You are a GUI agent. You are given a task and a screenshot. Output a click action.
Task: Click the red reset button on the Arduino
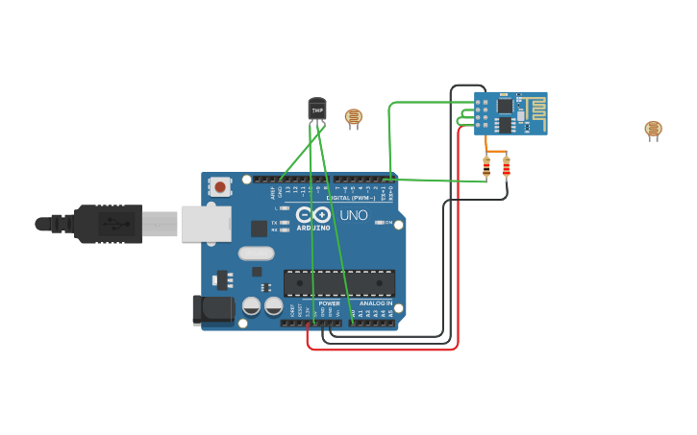(220, 187)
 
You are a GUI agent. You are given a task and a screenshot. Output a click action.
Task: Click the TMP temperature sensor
(316, 109)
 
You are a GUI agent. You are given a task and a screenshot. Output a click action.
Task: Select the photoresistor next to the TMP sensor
(354, 117)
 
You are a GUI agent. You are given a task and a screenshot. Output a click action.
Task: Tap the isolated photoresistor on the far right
(653, 130)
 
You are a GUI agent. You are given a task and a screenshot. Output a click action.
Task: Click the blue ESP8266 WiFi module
(510, 113)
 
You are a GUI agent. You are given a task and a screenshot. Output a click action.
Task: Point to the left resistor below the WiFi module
(486, 168)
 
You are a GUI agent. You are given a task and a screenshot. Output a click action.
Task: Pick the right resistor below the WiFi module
(507, 168)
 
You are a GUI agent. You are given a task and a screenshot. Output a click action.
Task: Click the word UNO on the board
(354, 215)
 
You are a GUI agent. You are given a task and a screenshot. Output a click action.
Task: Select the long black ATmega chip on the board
(338, 282)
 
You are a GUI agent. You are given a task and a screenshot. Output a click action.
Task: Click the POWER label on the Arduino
(329, 303)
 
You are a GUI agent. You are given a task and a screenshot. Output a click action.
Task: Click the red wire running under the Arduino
(385, 350)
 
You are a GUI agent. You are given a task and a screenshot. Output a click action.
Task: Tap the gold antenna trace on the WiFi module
(535, 113)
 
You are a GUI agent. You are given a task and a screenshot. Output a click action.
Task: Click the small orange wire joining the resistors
(496, 152)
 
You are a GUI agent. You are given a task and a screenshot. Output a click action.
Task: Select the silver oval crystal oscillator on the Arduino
(256, 254)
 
